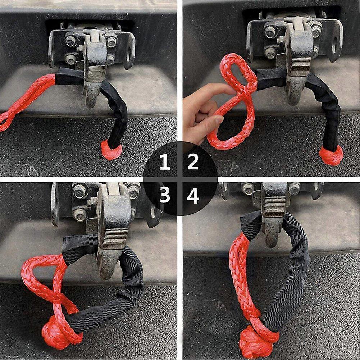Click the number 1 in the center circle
click(x=164, y=163)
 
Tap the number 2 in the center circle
click(x=193, y=163)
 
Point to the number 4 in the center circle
click(x=193, y=196)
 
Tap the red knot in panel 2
click(x=331, y=156)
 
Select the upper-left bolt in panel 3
click(x=79, y=191)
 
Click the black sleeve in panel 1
click(x=115, y=108)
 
